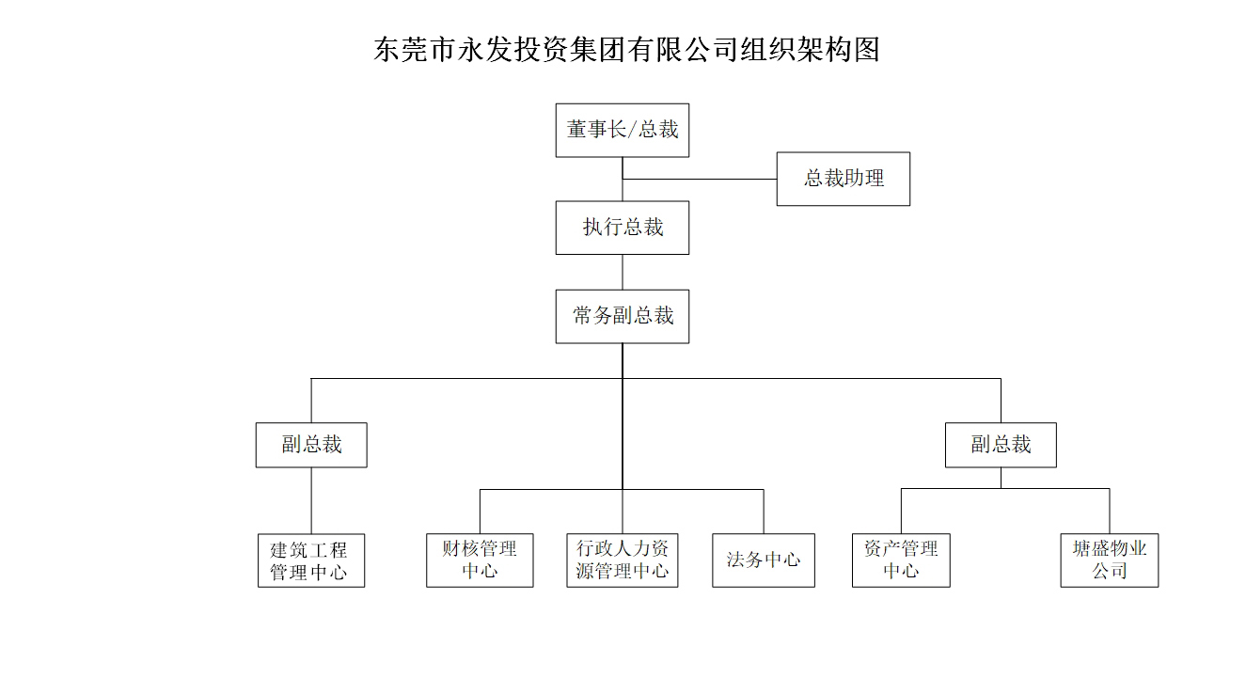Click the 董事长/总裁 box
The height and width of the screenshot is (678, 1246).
pyautogui.click(x=623, y=130)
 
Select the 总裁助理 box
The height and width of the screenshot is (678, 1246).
pyautogui.click(x=844, y=179)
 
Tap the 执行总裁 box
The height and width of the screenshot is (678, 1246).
pyautogui.click(x=623, y=229)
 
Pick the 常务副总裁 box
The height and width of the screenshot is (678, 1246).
pyautogui.click(x=623, y=317)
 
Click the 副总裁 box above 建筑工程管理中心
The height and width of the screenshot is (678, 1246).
pyautogui.click(x=311, y=445)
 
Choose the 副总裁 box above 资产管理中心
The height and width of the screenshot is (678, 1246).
pyautogui.click(x=1001, y=445)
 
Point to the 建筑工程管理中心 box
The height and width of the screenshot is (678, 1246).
pyautogui.click(x=311, y=560)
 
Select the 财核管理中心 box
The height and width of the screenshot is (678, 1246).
pyautogui.click(x=480, y=560)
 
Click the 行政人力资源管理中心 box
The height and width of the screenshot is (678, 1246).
pyautogui.click(x=623, y=560)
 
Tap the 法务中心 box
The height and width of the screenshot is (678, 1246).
pyautogui.click(x=764, y=560)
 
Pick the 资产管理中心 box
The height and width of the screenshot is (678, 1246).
pyautogui.click(x=901, y=560)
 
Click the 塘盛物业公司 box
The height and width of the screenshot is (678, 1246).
pyautogui.click(x=1110, y=560)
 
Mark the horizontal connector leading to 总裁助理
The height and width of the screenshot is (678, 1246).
pyautogui.click(x=700, y=179)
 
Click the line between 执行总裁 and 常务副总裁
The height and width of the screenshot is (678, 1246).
pyautogui.click(x=623, y=272)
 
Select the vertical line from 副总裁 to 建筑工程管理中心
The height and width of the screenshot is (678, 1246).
pyautogui.click(x=311, y=500)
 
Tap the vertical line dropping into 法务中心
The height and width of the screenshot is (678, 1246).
pyautogui.click(x=764, y=512)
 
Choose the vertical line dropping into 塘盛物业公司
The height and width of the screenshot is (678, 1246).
pyautogui.click(x=1110, y=512)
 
